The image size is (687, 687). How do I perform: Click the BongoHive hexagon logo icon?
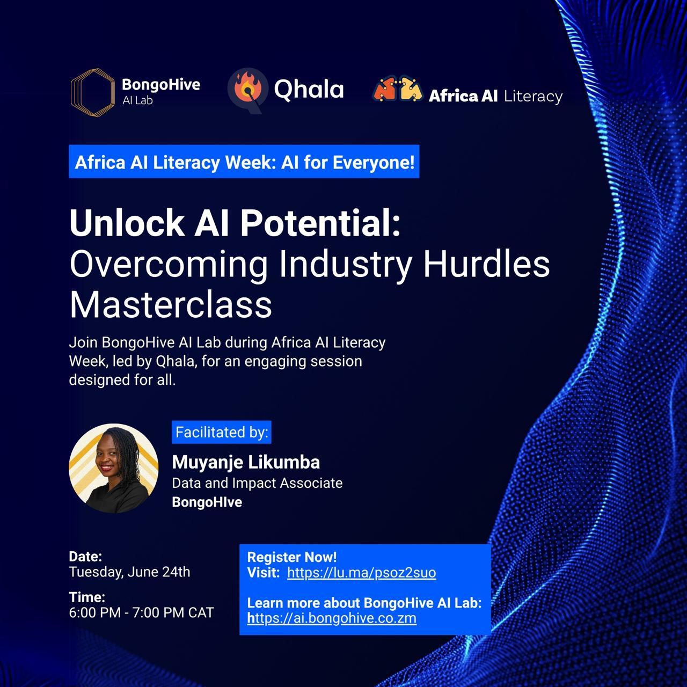pos(93,93)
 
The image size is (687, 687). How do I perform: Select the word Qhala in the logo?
pos(309,90)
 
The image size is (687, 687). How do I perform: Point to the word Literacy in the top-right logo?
pos(533,97)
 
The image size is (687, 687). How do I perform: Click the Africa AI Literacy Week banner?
pos(244,162)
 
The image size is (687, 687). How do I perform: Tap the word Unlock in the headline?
pos(127,223)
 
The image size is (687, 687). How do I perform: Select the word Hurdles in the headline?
pos(486,264)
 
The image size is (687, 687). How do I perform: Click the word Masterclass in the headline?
pos(171,305)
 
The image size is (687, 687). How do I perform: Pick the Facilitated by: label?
pos(221,432)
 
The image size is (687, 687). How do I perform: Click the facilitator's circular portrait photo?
pos(114,469)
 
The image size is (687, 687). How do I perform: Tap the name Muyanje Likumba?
pos(246,463)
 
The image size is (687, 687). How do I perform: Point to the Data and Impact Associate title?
pos(257,483)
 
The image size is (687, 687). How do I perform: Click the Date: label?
pos(85,557)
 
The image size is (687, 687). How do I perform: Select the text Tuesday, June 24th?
pos(130,572)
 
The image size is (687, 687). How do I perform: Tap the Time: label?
pos(87,597)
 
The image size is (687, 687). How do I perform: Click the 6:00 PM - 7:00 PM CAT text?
pos(141,613)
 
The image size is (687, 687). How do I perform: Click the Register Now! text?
pos(291,557)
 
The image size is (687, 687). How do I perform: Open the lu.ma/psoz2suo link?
pos(362,573)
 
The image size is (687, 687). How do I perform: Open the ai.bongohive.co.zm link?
pos(332,618)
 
